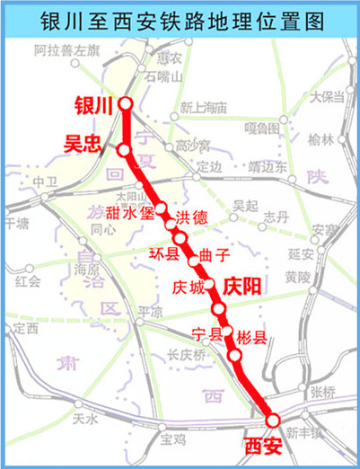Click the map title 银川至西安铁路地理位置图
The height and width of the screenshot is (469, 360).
coord(180,21)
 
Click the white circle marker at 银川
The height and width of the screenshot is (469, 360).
coord(126,104)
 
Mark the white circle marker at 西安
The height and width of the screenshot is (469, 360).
coord(273,420)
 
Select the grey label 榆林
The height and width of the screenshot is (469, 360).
coord(320,139)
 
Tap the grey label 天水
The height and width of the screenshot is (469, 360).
coord(84,418)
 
